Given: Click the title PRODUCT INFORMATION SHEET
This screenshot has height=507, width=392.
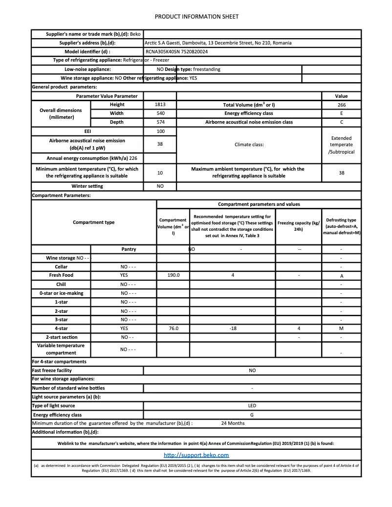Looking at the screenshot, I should point(196,17).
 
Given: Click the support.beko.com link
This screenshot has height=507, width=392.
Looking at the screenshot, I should point(196,455).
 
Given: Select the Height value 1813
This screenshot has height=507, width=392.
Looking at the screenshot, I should point(160,105).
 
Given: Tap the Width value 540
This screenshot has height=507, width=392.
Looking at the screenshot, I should point(160,113).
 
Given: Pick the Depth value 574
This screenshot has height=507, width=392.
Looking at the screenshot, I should point(160,122).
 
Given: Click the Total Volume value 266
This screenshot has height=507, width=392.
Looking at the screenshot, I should point(341,105).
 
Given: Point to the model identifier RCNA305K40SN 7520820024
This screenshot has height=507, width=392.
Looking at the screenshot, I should point(176,51).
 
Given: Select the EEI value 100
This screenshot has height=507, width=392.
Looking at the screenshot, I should point(160,132).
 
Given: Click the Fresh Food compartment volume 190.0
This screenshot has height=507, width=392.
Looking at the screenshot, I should point(173,275).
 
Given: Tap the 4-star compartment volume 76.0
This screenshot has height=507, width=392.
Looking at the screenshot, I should point(173,329).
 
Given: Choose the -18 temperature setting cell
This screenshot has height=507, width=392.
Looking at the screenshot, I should point(233,329).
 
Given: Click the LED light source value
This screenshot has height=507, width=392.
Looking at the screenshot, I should point(252,406).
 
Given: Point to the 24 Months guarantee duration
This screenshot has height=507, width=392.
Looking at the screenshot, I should point(233,423).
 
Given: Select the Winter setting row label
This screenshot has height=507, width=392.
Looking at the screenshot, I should point(87,186).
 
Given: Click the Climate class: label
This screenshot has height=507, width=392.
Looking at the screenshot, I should point(249,145).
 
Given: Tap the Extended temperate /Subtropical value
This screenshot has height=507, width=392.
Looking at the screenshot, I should point(341,145).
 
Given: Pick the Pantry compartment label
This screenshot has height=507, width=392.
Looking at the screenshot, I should point(129,249).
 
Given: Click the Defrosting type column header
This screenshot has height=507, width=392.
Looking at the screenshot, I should point(341,226).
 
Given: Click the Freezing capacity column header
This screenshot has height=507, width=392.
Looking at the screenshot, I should point(299,226).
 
